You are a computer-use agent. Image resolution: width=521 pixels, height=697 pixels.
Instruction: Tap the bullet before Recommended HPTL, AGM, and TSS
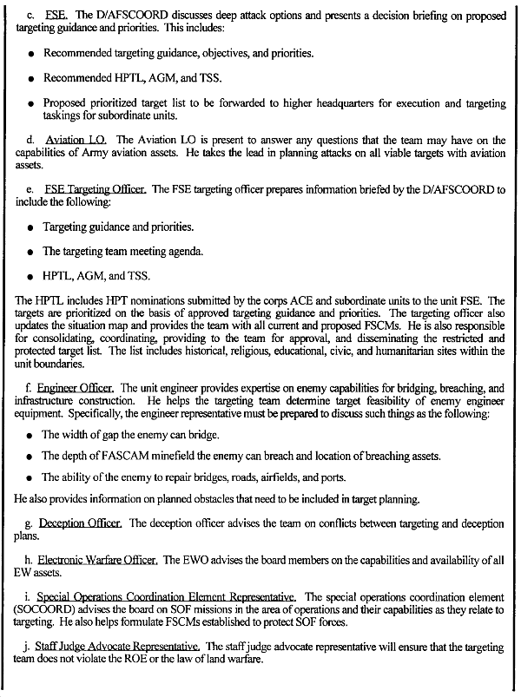pos(31,78)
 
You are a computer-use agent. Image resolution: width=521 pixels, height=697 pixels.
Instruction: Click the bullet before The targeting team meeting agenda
pos(31,253)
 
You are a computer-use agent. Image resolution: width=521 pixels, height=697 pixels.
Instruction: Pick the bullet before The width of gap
pos(31,434)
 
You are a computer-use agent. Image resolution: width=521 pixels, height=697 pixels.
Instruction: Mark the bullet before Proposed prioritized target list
pos(31,102)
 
